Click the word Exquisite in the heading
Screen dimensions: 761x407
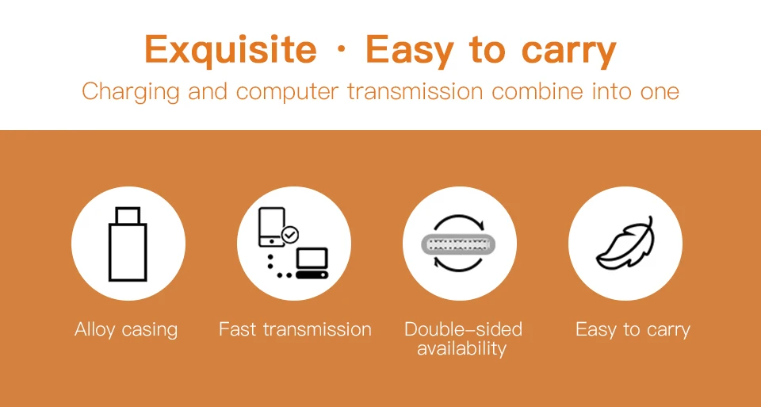click(231, 49)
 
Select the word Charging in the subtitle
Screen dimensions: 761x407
click(131, 92)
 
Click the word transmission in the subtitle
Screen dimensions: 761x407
click(415, 91)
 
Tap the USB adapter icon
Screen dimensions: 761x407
click(128, 244)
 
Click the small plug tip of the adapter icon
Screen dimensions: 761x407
click(128, 215)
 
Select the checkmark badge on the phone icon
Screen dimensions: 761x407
click(290, 235)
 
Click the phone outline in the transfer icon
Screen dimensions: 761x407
click(271, 227)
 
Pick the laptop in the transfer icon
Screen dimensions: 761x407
click(312, 263)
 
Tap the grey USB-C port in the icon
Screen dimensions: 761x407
click(459, 244)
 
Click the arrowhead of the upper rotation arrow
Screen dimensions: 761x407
click(480, 225)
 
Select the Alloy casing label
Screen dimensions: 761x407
click(126, 330)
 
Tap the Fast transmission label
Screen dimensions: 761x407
click(295, 329)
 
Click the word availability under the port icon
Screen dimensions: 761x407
click(461, 348)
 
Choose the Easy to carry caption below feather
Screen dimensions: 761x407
click(633, 330)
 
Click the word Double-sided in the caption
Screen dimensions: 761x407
click(463, 329)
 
